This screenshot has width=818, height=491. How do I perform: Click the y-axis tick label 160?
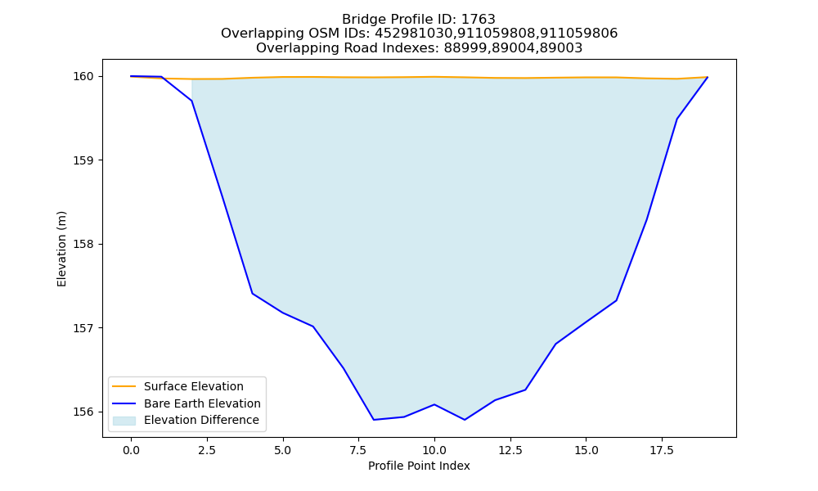click(83, 77)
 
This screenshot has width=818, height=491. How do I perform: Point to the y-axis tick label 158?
click(83, 244)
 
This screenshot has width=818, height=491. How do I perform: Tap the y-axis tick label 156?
click(83, 412)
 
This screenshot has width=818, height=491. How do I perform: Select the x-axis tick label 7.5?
click(358, 450)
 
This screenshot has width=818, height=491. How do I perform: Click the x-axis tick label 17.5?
click(662, 450)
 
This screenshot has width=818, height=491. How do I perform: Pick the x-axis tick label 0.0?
click(132, 450)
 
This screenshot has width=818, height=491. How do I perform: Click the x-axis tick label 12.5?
click(510, 450)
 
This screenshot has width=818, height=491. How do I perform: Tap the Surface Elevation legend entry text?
click(194, 386)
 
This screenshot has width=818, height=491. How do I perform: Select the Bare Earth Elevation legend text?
click(202, 403)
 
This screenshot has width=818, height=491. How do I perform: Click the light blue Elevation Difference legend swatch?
click(124, 421)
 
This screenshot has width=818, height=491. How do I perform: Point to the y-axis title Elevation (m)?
click(61, 249)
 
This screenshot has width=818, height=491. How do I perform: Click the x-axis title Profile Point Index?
click(419, 466)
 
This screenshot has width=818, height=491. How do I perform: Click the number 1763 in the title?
click(478, 20)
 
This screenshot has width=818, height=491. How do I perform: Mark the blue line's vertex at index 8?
click(374, 420)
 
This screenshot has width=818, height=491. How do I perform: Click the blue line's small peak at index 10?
click(434, 404)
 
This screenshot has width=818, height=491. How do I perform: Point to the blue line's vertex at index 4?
click(253, 293)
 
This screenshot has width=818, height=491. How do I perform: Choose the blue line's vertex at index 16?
click(616, 300)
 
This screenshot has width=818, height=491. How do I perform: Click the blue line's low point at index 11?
click(465, 420)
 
